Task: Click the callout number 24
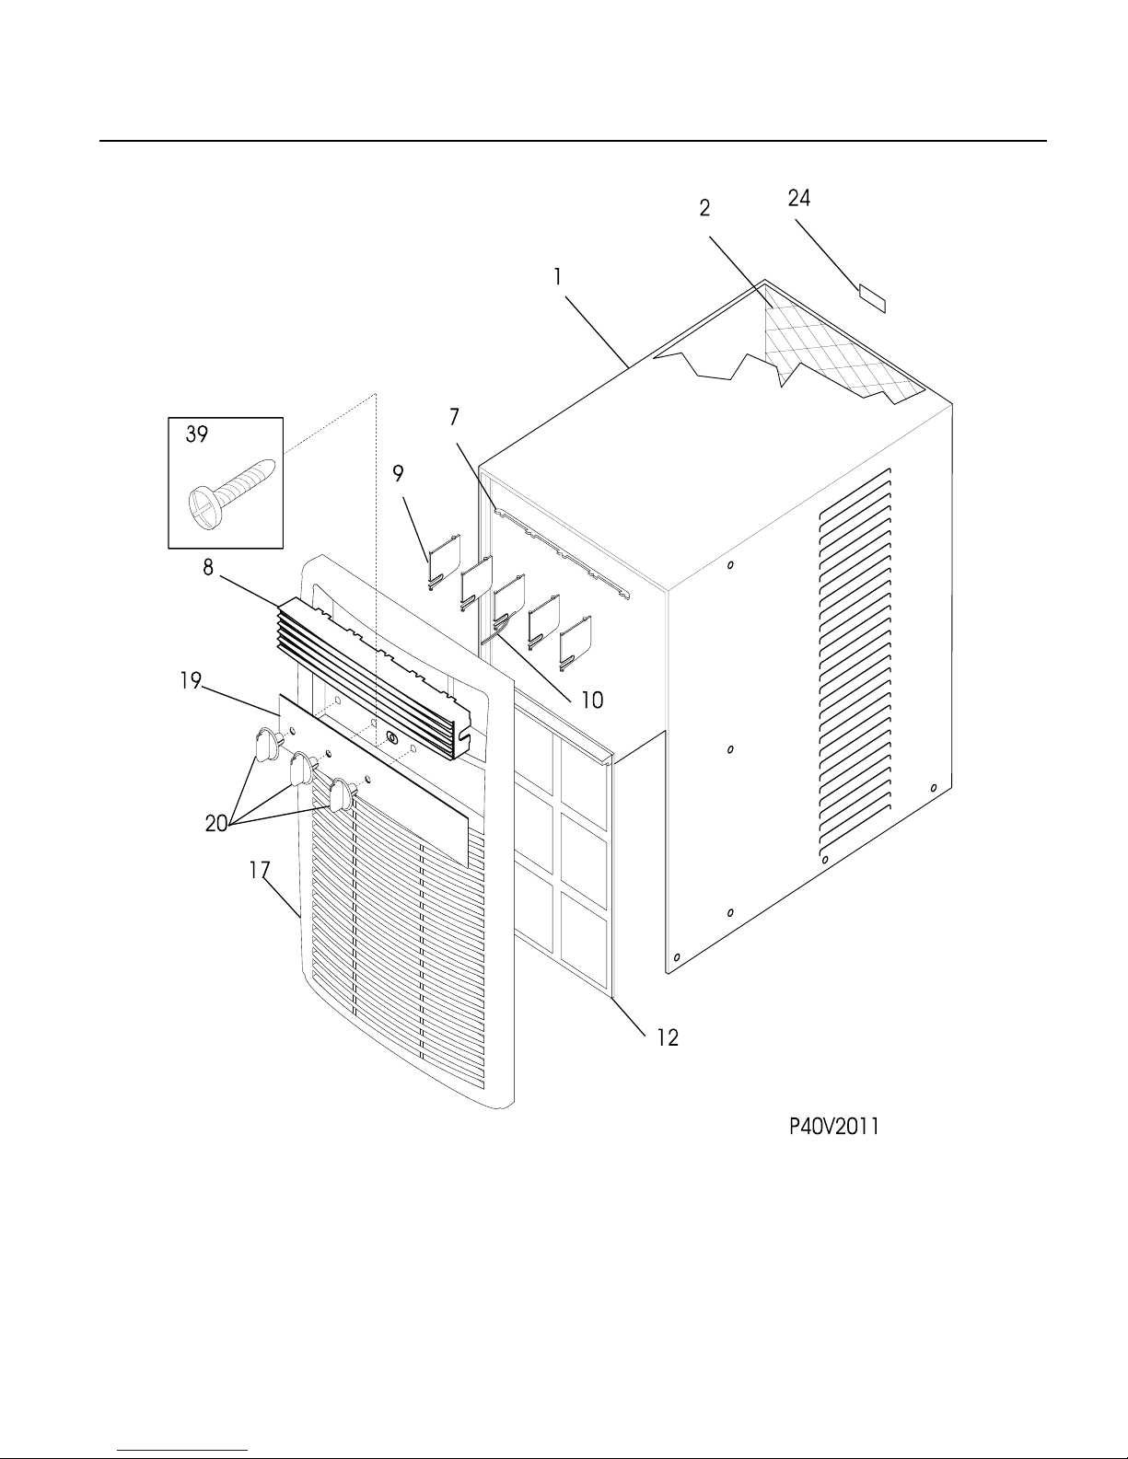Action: pos(799,198)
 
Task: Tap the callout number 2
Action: pos(704,208)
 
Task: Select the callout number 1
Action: pos(557,277)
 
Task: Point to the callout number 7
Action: pos(455,417)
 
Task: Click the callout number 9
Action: pos(398,474)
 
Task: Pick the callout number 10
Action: pos(591,701)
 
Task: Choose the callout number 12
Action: pos(668,1038)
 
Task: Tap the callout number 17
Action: pos(259,870)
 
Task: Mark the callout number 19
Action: pos(191,681)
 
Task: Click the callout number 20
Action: pos(216,824)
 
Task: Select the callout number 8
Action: pos(208,568)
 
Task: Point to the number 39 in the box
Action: pos(197,434)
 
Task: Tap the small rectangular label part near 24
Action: pos(872,299)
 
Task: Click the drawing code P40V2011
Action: pos(834,1126)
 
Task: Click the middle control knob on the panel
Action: pos(302,770)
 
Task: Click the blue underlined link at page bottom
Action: pos(182,1450)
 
